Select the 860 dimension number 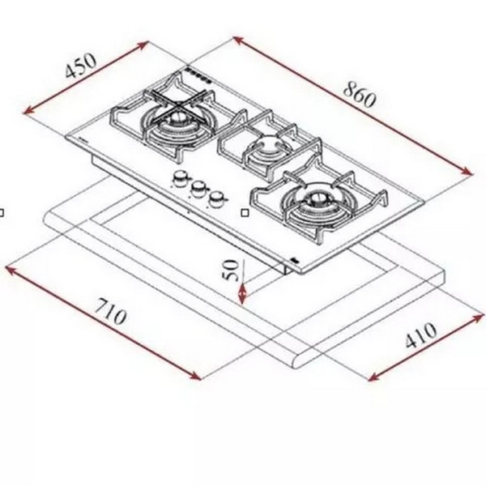[359, 96]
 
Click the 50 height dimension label [229, 269]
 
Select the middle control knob [197, 190]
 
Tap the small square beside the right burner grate [245, 213]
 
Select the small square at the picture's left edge [2, 213]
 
